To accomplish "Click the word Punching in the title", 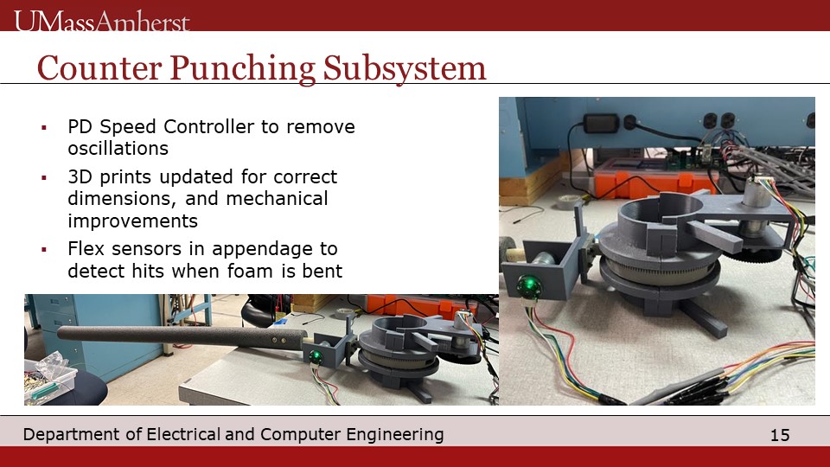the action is coord(242,69).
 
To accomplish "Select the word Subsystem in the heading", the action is coord(405,69).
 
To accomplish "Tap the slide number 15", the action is coord(780,435).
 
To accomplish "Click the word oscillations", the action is coord(118,148).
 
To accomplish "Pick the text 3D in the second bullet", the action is coord(80,176).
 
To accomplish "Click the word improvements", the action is coord(132,221).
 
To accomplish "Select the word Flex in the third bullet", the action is coord(86,248).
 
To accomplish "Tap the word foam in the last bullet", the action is coord(252,271).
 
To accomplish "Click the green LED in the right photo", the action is coord(528,286).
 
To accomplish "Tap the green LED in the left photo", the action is coord(316,357).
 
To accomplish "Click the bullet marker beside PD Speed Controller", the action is coord(44,128).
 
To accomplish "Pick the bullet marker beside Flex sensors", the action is coord(44,249).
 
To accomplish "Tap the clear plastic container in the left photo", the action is coord(49,377).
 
